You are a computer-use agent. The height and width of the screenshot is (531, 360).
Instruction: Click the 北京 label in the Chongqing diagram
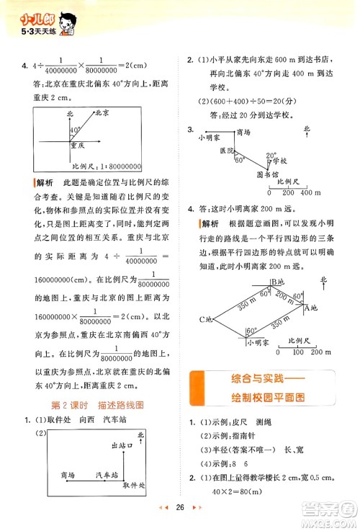(103, 114)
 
